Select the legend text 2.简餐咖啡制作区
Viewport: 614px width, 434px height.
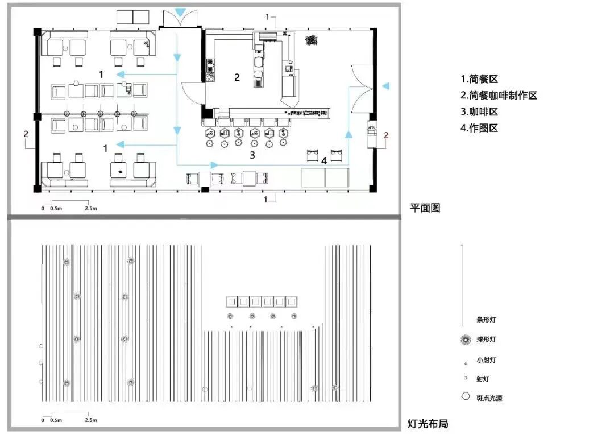(499, 96)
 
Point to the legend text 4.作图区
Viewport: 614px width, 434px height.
(479, 128)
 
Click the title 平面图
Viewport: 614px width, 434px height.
(425, 208)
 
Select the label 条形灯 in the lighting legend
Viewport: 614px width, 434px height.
(486, 320)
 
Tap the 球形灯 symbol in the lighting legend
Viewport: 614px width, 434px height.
(466, 340)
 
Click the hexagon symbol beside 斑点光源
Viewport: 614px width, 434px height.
(466, 397)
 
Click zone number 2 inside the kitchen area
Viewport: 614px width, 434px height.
(237, 77)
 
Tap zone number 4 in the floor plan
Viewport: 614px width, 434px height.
(323, 161)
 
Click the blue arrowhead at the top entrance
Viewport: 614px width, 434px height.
(180, 12)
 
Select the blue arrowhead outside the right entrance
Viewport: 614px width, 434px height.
(386, 86)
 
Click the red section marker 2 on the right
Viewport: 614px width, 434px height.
(386, 135)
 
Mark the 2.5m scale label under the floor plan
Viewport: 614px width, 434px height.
(91, 209)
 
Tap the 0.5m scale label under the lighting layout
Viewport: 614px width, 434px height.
(56, 420)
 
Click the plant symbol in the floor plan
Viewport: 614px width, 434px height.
(311, 40)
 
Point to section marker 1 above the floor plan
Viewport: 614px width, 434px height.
(267, 17)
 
